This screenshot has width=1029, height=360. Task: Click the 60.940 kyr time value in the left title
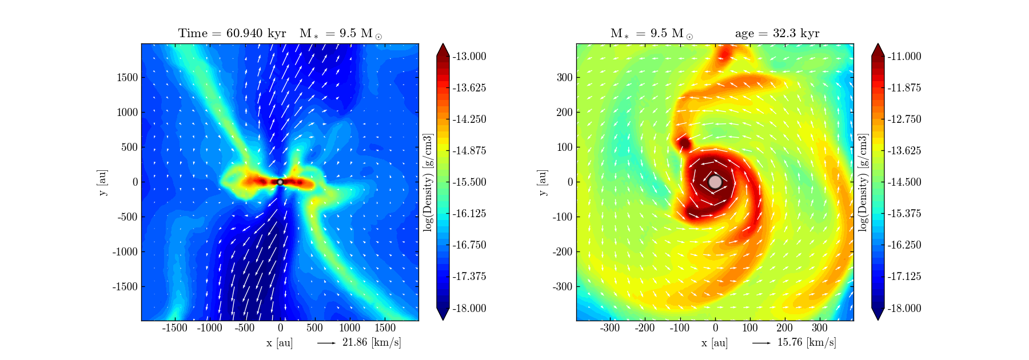tap(256, 33)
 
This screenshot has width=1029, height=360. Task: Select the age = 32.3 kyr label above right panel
tap(777, 33)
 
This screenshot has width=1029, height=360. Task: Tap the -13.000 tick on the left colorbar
tap(469, 56)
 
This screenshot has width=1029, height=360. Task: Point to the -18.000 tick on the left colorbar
tap(469, 308)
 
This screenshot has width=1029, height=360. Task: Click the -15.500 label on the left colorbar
tap(469, 182)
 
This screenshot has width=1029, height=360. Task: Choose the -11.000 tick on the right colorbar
tap(904, 56)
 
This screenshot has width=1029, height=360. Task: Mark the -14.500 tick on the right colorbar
tap(904, 182)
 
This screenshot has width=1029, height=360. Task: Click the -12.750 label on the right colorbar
tap(904, 119)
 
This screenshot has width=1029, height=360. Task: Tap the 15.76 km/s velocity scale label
tap(807, 342)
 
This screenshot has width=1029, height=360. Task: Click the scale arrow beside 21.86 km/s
tap(326, 343)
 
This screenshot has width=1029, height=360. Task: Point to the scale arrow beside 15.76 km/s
tap(761, 343)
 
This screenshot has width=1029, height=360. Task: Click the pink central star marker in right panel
tap(715, 182)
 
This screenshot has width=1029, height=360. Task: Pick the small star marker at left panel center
tap(280, 182)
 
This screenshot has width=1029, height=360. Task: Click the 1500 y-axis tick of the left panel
tap(127, 77)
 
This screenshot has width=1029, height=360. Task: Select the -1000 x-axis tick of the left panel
tap(209, 328)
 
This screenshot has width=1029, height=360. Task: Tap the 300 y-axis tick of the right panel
tap(565, 77)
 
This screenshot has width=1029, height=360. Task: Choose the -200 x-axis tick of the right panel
tap(645, 328)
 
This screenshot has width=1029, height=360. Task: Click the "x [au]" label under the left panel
tap(280, 343)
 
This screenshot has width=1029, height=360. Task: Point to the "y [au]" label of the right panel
tap(543, 182)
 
